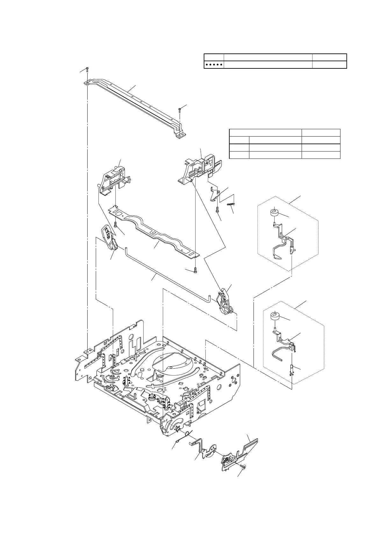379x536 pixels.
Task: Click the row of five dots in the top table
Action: (x=214, y=65)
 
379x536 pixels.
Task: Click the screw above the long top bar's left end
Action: (x=87, y=69)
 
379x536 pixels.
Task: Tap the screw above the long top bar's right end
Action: (x=180, y=110)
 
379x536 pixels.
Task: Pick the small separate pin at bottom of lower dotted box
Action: (x=292, y=371)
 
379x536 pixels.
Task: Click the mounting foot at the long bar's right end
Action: (x=180, y=136)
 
